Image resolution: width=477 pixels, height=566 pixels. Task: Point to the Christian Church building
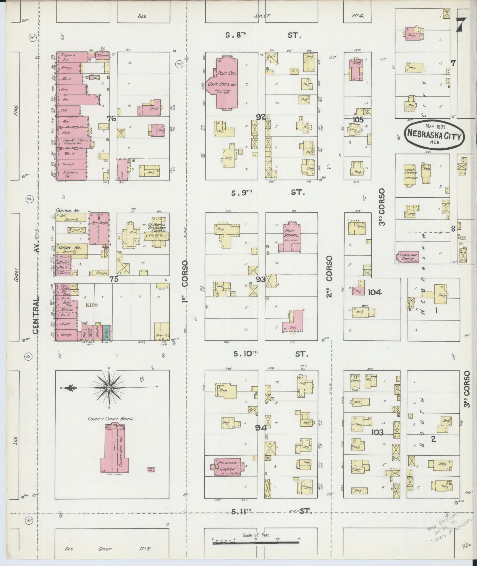coord(408,257)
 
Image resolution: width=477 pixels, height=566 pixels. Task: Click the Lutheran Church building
coord(410,175)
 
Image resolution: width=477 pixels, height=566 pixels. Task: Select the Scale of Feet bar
coord(256,543)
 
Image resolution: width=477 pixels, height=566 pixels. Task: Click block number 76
coord(111,119)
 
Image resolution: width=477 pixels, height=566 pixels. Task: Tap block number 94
coord(261,428)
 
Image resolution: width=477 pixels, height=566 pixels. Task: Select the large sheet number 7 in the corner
coord(461,24)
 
